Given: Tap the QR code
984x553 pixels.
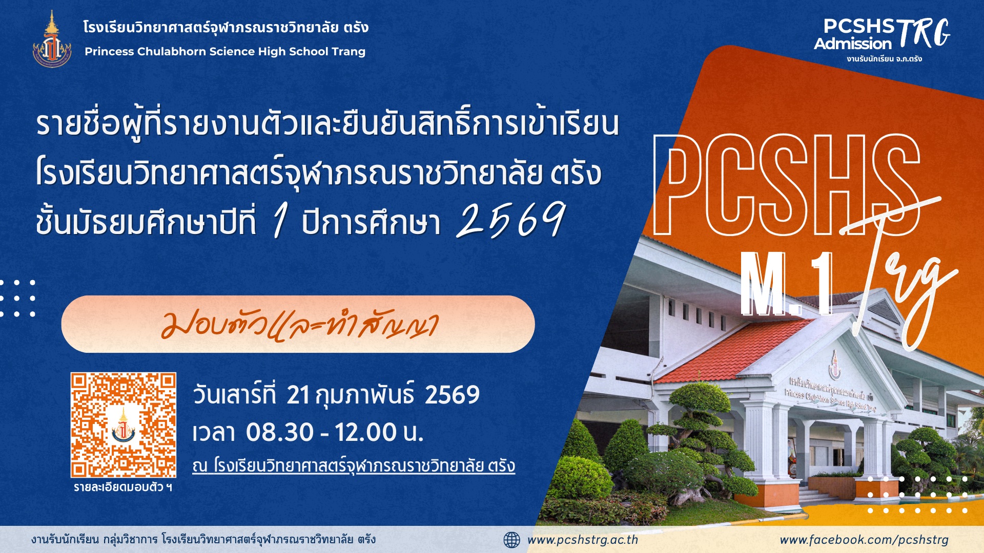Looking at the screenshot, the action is [124, 425].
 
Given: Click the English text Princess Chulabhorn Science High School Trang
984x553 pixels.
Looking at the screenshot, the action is [225, 52].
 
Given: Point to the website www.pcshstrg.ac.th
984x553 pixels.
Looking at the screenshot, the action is [583, 540].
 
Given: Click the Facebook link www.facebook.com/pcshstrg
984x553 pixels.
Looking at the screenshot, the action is [864, 540].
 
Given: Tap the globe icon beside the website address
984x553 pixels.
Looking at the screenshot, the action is [511, 540].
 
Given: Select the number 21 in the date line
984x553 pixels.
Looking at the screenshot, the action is [298, 395].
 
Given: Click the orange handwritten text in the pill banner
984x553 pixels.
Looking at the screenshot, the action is [300, 325].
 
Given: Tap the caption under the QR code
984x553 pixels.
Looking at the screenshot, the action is [123, 487].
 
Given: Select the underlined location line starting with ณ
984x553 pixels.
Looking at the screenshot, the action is [354, 466].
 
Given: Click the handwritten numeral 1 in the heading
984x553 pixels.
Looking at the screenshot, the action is [279, 220].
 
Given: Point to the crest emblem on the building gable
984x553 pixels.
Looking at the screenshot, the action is [835, 363].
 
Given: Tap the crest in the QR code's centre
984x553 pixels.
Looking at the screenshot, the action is [124, 426].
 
